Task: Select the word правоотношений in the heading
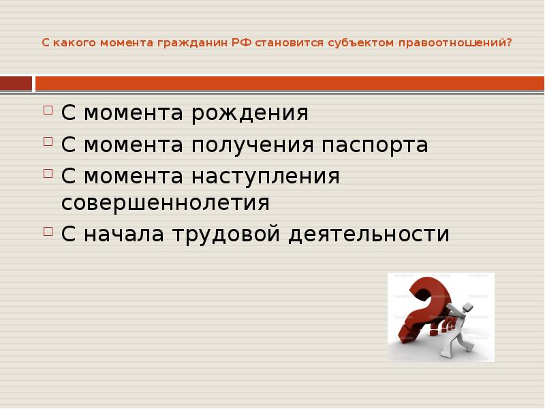point(455,42)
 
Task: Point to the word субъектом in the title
point(357,42)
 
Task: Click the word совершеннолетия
point(166,203)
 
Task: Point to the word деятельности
point(369,234)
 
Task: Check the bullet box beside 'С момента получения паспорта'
point(48,141)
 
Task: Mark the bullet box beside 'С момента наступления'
point(48,172)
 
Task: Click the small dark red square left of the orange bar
point(16,83)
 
